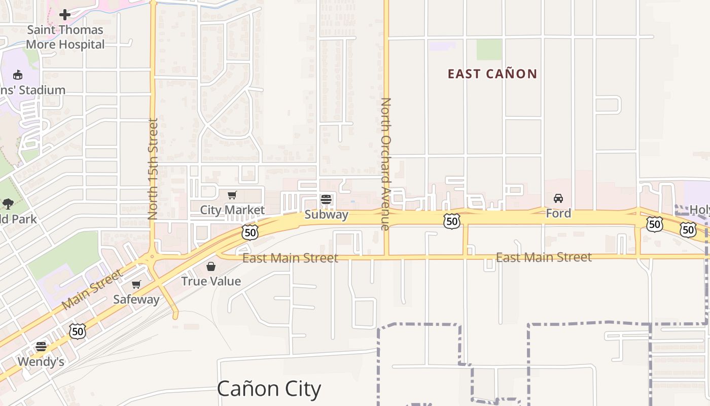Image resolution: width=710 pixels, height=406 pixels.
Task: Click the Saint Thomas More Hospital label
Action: [x=65, y=37]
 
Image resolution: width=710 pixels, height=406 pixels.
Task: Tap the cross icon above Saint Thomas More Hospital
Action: [x=65, y=15]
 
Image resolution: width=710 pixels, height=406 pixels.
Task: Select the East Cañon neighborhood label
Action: [x=492, y=74]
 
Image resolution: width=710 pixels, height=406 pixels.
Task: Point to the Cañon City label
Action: [x=269, y=389]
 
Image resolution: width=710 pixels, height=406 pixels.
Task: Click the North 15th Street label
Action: [x=153, y=169]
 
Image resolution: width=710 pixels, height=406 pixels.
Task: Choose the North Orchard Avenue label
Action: [x=385, y=164]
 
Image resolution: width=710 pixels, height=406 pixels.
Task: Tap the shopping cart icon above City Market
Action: [x=232, y=195]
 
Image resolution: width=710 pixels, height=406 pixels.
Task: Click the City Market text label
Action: [x=232, y=210]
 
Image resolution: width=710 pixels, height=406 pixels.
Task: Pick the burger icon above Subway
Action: [x=326, y=199]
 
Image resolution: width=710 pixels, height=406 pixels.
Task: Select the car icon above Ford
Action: [x=558, y=198]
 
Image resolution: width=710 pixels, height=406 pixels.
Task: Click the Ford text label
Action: [x=558, y=213]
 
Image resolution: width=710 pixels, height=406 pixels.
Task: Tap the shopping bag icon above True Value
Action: [x=211, y=266]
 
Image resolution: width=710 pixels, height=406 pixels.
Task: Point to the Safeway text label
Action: [x=136, y=299]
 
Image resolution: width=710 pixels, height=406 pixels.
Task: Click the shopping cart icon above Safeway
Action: [x=136, y=285]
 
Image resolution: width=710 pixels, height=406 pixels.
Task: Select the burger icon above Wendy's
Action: [x=41, y=347]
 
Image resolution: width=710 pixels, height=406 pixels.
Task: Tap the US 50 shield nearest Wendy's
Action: [x=78, y=331]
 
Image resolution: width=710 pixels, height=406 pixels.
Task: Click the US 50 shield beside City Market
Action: [x=250, y=232]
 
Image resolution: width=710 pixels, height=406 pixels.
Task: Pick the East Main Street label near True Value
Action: [x=290, y=258]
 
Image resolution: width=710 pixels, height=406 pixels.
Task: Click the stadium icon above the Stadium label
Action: [x=18, y=75]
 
